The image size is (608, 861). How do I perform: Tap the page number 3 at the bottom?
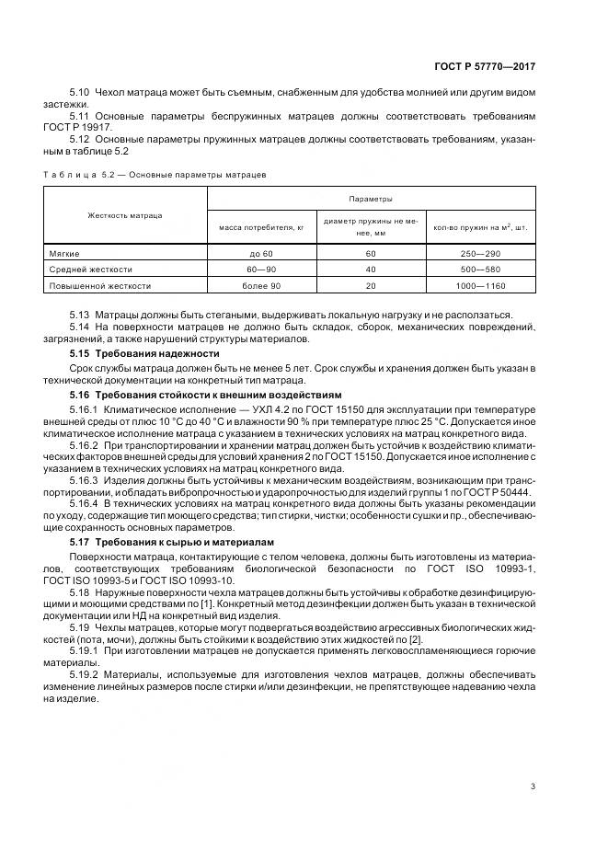[533, 786]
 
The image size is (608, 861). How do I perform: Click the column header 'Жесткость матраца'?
[125, 215]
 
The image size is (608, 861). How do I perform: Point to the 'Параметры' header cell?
[371, 199]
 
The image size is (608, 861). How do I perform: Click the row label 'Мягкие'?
[65, 252]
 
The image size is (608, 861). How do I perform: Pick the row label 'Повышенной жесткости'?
[98, 285]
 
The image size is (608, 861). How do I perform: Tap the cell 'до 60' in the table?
[261, 252]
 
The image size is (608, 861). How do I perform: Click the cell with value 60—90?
[261, 269]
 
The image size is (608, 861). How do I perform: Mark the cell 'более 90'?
[261, 285]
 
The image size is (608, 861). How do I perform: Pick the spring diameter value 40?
[371, 269]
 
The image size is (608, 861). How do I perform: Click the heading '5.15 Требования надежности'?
[145, 354]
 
